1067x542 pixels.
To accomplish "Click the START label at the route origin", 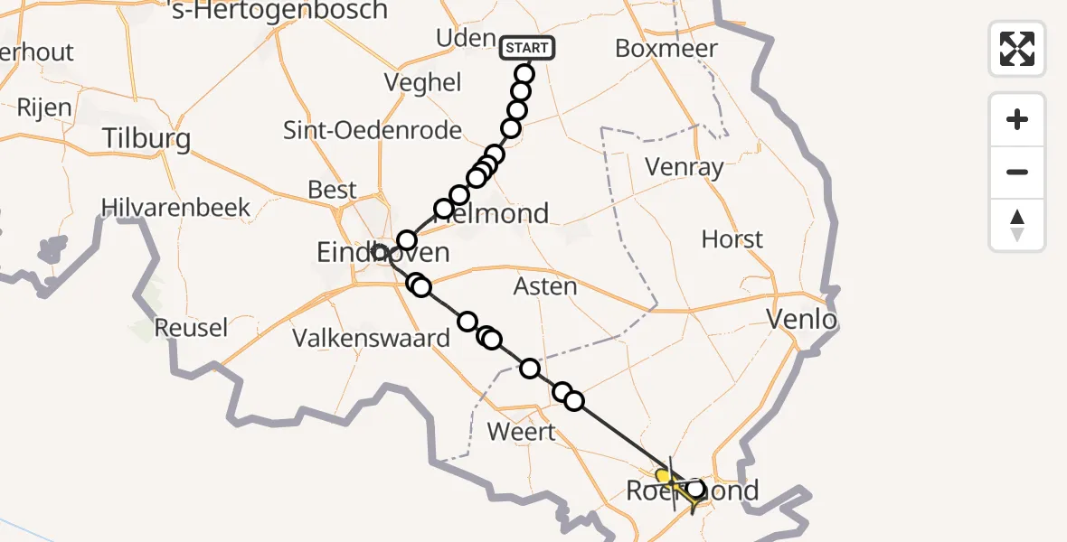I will point(526,47).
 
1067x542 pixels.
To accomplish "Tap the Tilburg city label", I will point(146,138).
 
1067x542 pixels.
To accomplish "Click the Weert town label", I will point(521,431).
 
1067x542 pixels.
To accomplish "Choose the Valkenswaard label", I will point(371,339).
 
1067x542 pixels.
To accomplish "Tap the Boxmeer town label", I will point(666,48).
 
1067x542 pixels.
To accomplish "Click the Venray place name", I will point(684,167).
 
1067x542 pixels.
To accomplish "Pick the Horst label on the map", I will point(732,239).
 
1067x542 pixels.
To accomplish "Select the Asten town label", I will point(544,286).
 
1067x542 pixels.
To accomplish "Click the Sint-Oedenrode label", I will point(373,130).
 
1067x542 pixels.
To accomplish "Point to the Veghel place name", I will point(422,83).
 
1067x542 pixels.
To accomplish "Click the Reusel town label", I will point(191,327).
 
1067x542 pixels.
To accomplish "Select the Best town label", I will point(333,190).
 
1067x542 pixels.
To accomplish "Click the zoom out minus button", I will point(1017,172).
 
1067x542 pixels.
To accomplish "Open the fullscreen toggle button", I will point(1017,49).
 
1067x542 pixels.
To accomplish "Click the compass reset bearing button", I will point(1017,225).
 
